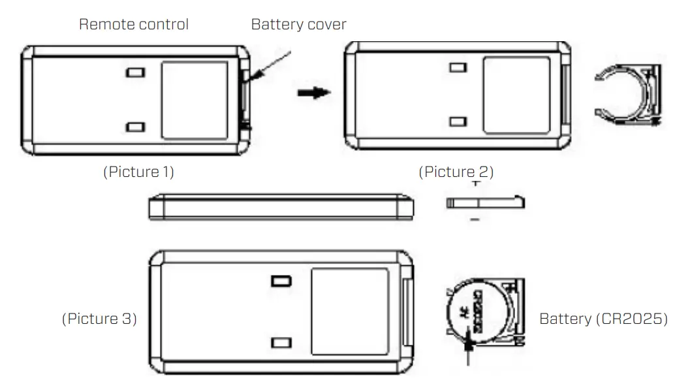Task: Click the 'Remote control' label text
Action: coord(134,25)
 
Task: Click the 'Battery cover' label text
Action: coord(298,25)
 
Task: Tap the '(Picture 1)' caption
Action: coord(138,172)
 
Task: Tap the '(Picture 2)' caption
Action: coord(456,172)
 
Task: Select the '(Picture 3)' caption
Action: coord(99,319)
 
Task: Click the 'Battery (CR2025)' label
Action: coord(603,319)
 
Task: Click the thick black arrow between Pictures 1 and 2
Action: coord(314,93)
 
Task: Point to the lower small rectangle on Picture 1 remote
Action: coord(136,127)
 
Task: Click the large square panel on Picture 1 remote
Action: coord(195,100)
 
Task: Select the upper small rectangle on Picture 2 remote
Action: coord(459,67)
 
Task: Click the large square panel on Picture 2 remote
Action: coord(516,95)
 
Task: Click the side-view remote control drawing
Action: coord(281,206)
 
